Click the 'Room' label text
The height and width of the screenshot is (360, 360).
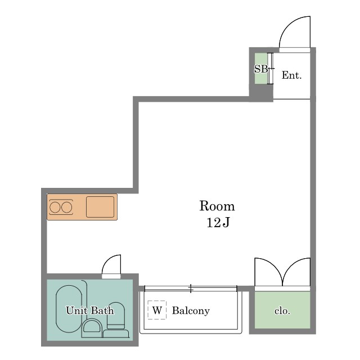(x=217, y=206)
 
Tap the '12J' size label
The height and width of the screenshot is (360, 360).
(x=218, y=222)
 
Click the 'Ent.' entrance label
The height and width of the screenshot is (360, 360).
(x=291, y=75)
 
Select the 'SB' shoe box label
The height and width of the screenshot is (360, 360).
(x=261, y=69)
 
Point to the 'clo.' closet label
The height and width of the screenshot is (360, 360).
(x=282, y=311)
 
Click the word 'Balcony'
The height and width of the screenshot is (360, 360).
(x=191, y=310)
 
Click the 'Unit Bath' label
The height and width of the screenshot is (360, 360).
(x=90, y=310)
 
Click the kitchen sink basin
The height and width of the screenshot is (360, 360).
(x=100, y=207)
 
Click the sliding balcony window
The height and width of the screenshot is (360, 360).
(x=191, y=289)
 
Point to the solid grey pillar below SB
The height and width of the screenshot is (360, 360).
(x=261, y=93)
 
